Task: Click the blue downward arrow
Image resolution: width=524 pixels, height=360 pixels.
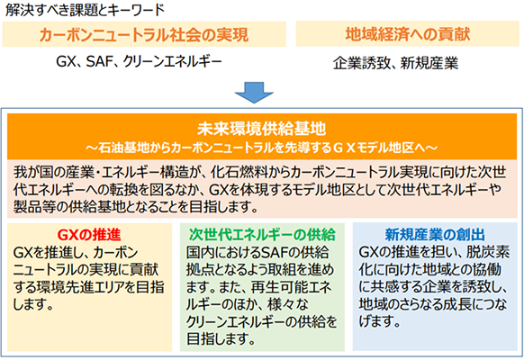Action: click(x=254, y=92)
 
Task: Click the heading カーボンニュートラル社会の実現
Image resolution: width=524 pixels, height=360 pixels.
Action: click(x=144, y=35)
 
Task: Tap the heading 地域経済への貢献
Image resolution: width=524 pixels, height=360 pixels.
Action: click(x=408, y=34)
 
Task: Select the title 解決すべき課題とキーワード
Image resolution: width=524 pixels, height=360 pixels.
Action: click(x=86, y=10)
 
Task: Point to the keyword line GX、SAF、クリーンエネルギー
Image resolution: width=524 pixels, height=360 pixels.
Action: click(x=139, y=61)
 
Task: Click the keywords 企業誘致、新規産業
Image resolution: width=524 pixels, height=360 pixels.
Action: click(x=395, y=63)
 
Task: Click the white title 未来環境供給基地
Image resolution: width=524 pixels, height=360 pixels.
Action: click(x=261, y=129)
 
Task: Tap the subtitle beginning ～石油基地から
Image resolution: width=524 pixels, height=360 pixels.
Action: click(x=261, y=148)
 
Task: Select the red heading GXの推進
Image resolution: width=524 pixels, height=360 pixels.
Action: click(x=89, y=235)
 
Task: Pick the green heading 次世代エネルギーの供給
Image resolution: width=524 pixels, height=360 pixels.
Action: click(x=262, y=235)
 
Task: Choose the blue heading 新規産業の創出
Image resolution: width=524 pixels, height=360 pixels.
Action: click(x=435, y=235)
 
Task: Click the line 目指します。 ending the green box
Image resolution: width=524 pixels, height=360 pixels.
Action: click(x=221, y=339)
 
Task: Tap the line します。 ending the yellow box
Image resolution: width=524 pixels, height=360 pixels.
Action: click(x=33, y=304)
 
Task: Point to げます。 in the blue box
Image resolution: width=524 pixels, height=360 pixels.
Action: click(x=380, y=321)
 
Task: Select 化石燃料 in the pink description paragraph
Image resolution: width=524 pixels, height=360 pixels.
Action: click(x=237, y=173)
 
